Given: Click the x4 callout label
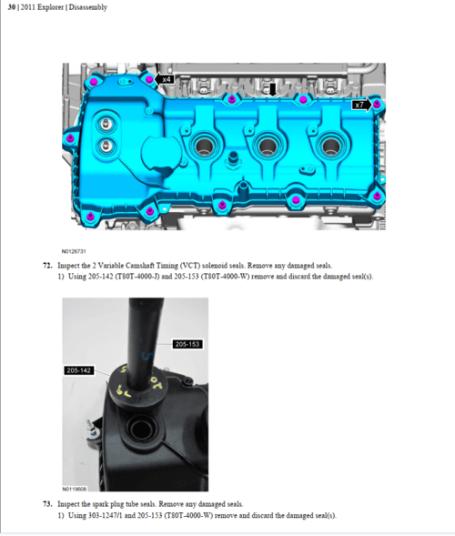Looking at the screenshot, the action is pos(166,79).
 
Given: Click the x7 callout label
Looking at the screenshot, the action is pos(361,105).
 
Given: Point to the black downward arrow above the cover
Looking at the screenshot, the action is pos(272,89).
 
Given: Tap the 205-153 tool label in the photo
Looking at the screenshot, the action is pos(187,344).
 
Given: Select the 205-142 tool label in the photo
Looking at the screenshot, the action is pos(78,370).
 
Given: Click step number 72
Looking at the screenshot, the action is pos(47,266).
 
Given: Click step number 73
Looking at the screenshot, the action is pos(47,504).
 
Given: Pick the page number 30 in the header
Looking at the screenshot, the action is pos(12,7).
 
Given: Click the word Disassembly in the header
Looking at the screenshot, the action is pos(88,7).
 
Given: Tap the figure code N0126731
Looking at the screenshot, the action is pos(74,251).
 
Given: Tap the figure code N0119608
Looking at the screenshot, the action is pos(75,490).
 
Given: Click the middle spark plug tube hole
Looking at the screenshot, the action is pos(268,147).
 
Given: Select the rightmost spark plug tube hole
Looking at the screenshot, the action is pos(330,147).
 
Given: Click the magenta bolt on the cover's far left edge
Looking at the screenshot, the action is pos(70,139).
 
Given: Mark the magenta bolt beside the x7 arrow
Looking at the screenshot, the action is pos(377,104).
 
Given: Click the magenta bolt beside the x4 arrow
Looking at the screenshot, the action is pos(149,79).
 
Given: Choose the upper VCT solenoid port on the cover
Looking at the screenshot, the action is pos(106,124).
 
